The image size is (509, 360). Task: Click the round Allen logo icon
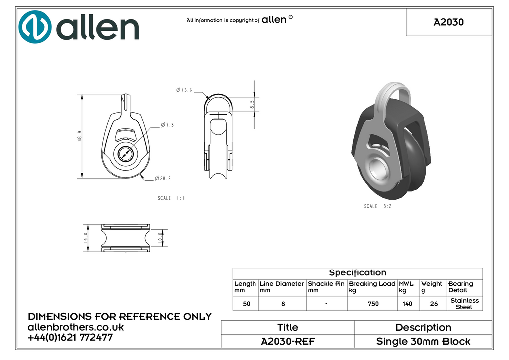point(35,27)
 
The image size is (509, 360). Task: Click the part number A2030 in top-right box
point(449,22)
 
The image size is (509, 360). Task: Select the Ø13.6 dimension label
point(184,90)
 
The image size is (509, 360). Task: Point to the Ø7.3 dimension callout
point(167,125)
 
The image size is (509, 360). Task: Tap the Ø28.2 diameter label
point(163,178)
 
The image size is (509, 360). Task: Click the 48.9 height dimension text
point(79,136)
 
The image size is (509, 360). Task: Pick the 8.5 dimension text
point(252,104)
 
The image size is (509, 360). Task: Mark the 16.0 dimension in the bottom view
point(85,238)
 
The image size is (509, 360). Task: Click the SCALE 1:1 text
point(171,198)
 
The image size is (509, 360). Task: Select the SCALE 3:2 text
point(378,206)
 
